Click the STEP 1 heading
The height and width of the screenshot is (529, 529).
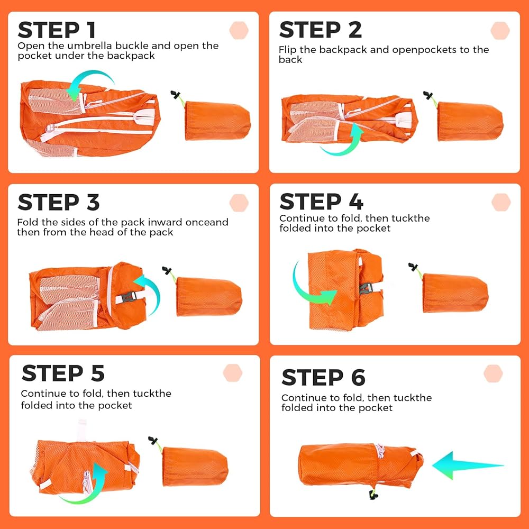click(57, 30)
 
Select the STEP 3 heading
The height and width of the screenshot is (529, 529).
click(59, 202)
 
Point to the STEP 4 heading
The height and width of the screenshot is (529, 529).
click(321, 202)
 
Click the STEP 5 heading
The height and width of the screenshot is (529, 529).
click(63, 373)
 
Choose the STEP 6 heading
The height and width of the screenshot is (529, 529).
click(323, 377)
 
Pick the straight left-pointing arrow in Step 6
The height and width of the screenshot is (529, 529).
click(468, 466)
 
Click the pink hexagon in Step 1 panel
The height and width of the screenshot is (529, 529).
click(239, 30)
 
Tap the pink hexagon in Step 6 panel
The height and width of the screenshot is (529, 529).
click(493, 373)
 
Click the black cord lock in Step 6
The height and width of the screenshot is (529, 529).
click(373, 494)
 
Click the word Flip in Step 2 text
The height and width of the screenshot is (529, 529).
click(288, 50)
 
